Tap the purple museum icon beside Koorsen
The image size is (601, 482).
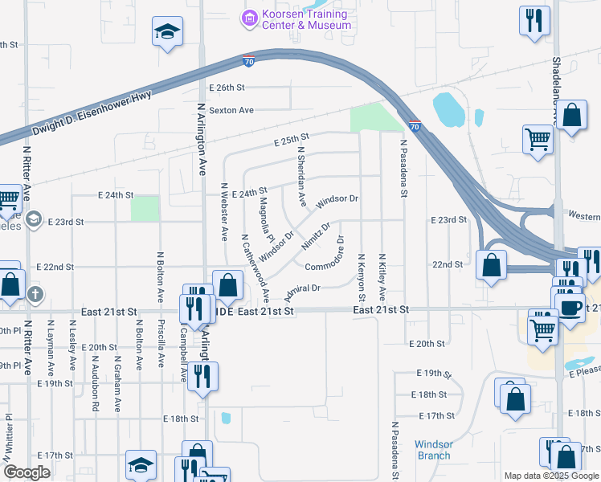point(249,16)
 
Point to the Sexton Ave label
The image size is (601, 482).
point(231,110)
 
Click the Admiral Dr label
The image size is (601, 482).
point(302,288)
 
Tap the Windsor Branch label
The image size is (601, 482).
point(434,450)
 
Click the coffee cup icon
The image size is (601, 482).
point(570,307)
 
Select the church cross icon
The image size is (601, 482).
point(35,295)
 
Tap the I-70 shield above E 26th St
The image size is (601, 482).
point(249,60)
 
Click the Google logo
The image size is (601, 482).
point(27,472)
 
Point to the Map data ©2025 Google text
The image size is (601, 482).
point(551,476)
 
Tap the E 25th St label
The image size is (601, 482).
point(291,140)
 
